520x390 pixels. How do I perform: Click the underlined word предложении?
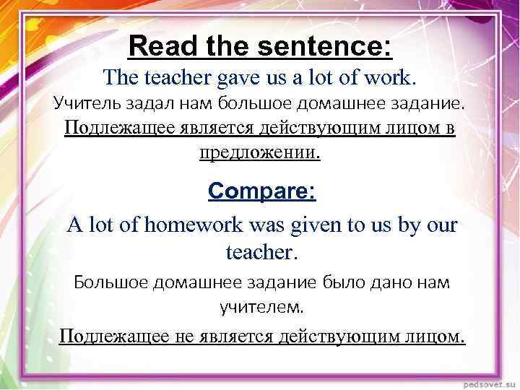[259, 153]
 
